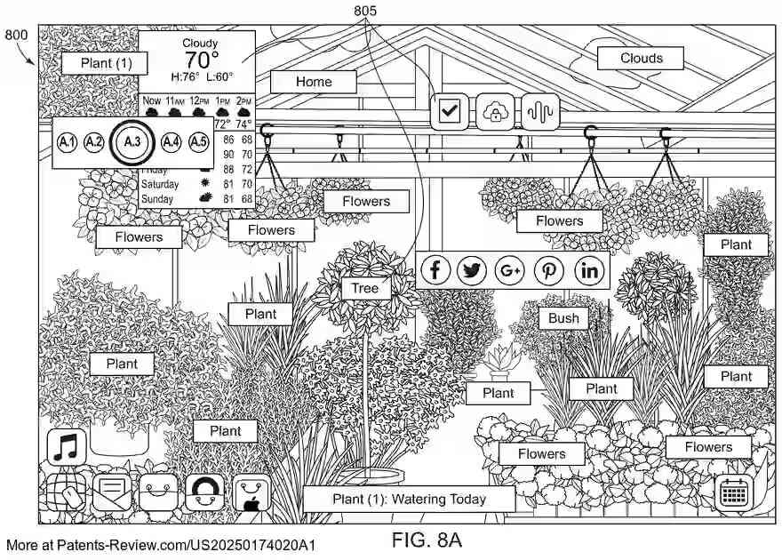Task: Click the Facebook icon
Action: [435, 270]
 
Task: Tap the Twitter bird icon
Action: [473, 270]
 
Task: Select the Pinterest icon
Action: [549, 270]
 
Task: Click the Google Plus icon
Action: [511, 270]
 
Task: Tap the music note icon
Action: [66, 446]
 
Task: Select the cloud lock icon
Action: [495, 112]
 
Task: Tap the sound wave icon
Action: [539, 112]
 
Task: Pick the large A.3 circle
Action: [132, 141]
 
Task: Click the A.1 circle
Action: [67, 141]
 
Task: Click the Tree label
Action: [364, 288]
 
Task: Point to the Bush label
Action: [563, 318]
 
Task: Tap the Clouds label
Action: [641, 59]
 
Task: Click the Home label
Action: [314, 82]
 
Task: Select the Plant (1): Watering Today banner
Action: [409, 499]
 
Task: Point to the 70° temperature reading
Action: [201, 60]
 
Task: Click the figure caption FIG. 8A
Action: [427, 540]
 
